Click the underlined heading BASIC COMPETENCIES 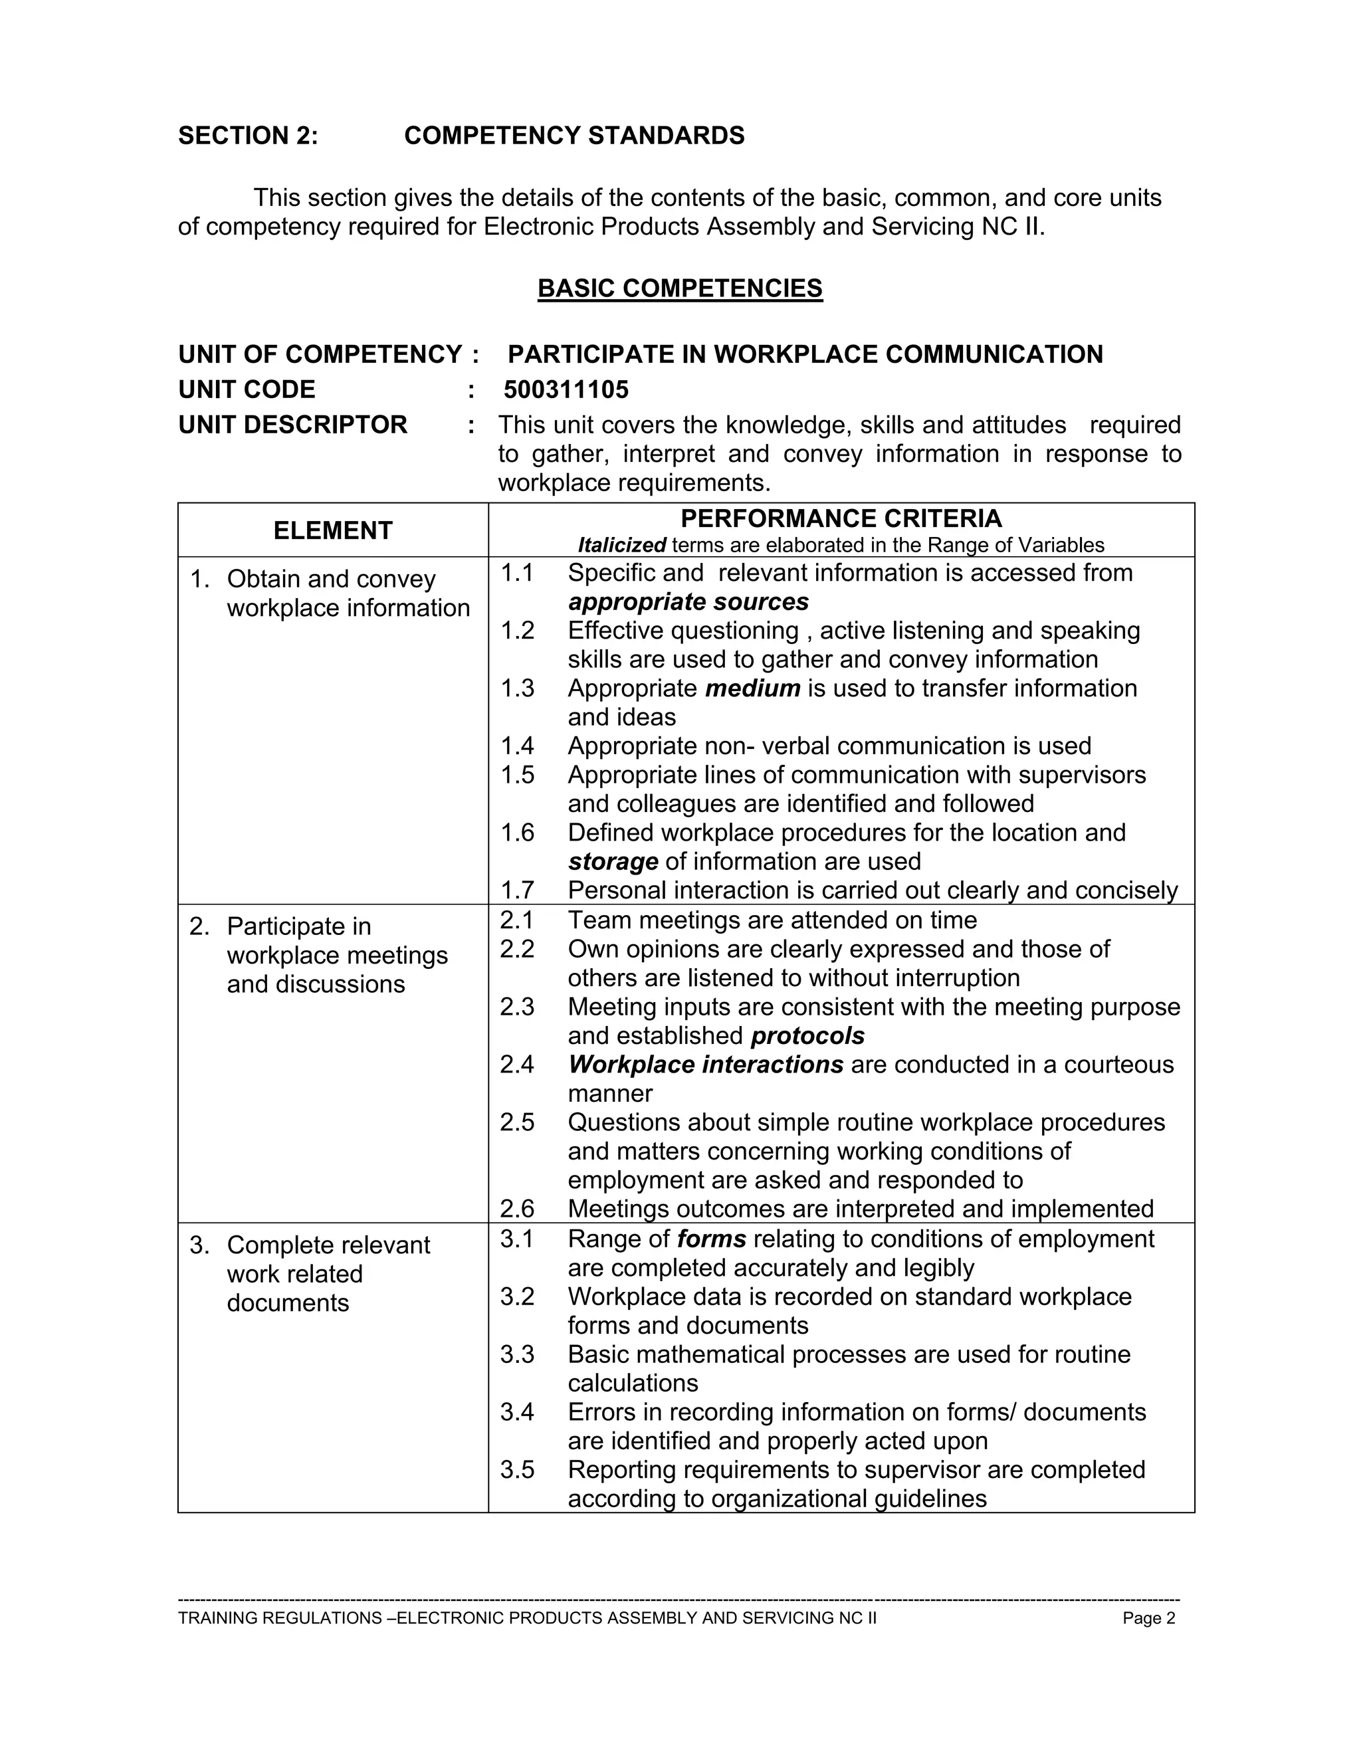[x=680, y=288]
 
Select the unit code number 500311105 [x=566, y=389]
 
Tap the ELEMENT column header [x=332, y=530]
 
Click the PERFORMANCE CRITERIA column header [x=841, y=518]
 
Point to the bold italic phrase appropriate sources [x=688, y=601]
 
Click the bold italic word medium [x=752, y=688]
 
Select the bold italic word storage [x=613, y=861]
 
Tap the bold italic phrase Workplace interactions [x=706, y=1065]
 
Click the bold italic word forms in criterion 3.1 [x=711, y=1239]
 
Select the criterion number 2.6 [x=517, y=1209]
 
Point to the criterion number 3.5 [x=517, y=1469]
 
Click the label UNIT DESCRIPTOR [x=292, y=424]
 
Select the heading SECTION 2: [x=249, y=136]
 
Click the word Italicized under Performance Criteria [x=621, y=545]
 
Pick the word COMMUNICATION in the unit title [x=994, y=354]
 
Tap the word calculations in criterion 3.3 [x=633, y=1383]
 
